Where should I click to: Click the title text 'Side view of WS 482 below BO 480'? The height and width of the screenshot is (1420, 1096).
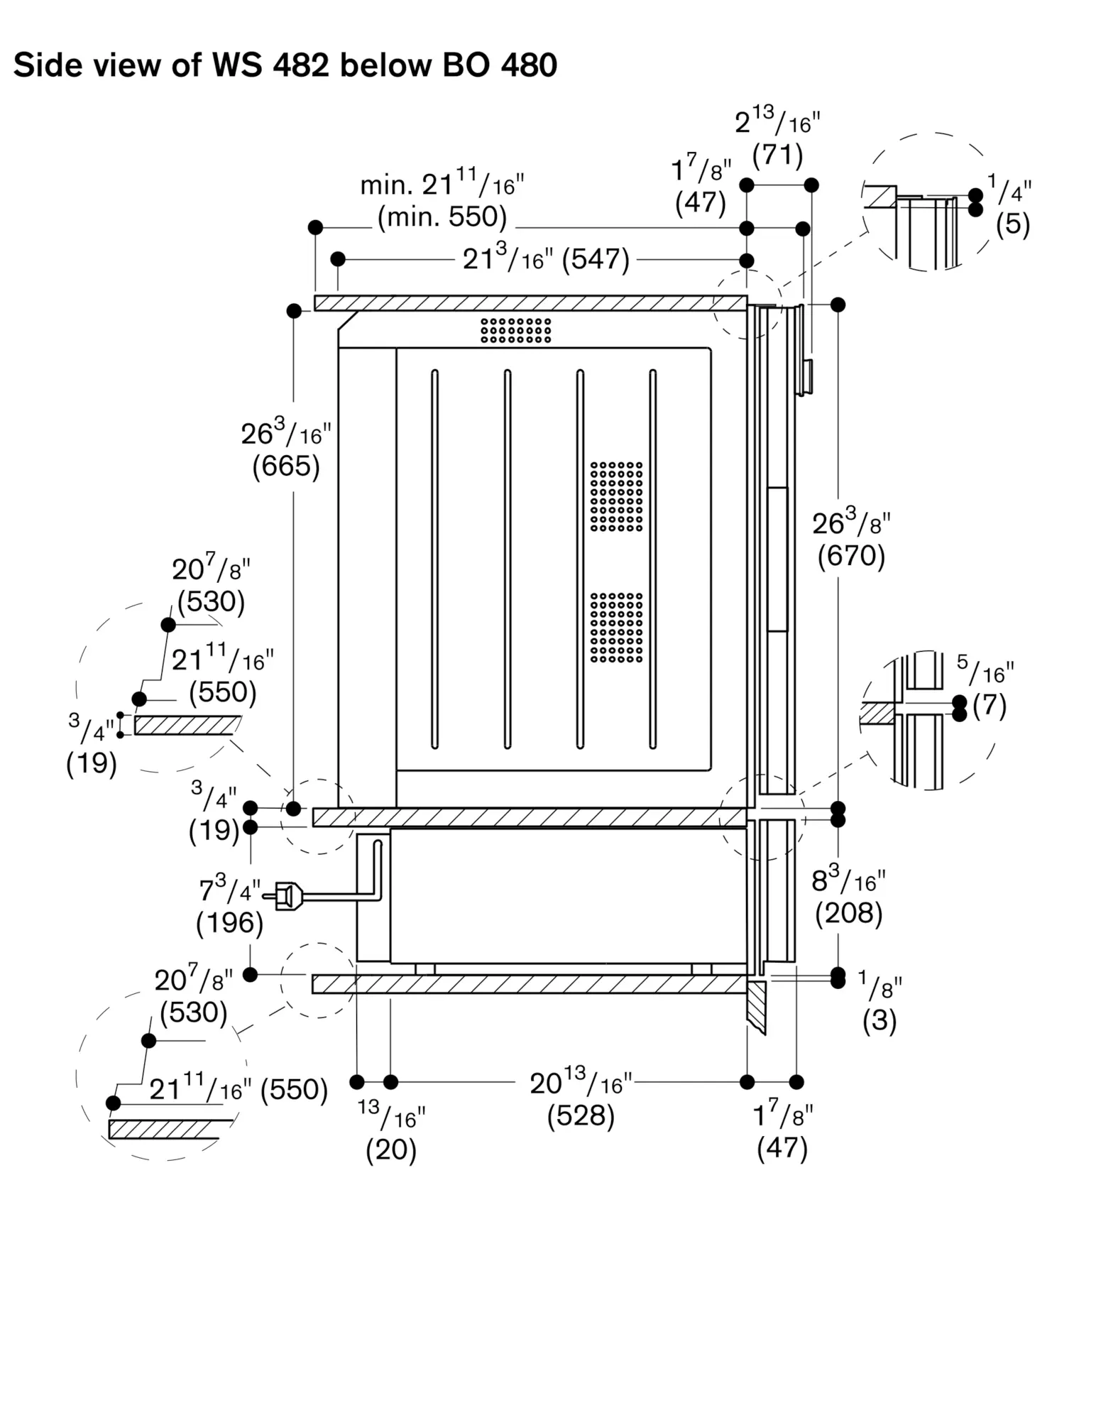[285, 65]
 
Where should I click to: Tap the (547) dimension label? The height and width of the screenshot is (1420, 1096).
[596, 259]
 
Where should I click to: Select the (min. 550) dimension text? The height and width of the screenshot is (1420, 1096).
[442, 217]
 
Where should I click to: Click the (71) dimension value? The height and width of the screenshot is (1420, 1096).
[777, 154]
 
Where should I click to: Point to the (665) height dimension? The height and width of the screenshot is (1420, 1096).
[286, 466]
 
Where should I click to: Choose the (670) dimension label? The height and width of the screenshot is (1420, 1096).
[851, 555]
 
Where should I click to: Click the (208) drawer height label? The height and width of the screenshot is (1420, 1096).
[848, 913]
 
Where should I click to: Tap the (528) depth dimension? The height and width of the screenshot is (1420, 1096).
[581, 1115]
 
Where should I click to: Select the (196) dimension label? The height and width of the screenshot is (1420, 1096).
[229, 922]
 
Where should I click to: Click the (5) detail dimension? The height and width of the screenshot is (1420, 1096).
[1012, 224]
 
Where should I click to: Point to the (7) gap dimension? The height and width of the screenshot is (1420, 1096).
[990, 706]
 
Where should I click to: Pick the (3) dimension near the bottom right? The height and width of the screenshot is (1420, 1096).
[879, 1020]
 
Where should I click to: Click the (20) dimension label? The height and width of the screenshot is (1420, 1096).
[391, 1149]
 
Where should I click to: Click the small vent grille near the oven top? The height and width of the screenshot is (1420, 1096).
[516, 330]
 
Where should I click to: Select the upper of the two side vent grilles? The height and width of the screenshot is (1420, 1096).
[617, 496]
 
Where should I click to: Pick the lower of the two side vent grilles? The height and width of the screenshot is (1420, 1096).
[617, 628]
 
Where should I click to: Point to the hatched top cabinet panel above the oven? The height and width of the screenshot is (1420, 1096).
[531, 303]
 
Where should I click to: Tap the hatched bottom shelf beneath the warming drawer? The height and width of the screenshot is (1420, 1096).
[530, 984]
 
